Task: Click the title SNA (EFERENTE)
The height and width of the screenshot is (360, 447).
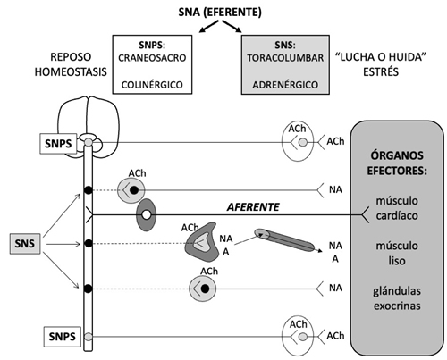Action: (x=220, y=13)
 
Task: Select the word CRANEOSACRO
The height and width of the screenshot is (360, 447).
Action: (x=152, y=58)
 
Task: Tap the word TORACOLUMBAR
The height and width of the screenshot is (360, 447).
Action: (x=285, y=58)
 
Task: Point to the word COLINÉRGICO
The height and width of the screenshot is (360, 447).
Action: (x=152, y=85)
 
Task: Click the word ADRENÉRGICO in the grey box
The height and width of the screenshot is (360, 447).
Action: (x=285, y=85)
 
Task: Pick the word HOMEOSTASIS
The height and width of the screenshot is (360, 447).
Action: (x=71, y=72)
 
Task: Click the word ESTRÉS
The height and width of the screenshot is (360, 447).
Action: (x=381, y=72)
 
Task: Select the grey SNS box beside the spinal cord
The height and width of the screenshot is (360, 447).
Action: (x=25, y=244)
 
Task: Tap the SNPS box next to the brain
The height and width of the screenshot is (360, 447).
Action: (x=58, y=144)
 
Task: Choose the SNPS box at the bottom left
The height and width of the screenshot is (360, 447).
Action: (x=63, y=337)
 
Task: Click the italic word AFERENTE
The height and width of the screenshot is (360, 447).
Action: (x=253, y=207)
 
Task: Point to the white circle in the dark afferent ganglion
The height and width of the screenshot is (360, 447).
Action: (x=146, y=214)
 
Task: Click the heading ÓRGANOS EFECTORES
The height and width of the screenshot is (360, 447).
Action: (x=397, y=163)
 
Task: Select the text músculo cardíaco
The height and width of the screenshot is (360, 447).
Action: (x=397, y=208)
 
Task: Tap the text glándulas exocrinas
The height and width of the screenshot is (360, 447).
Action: (x=397, y=298)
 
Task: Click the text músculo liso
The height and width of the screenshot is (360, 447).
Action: (x=397, y=253)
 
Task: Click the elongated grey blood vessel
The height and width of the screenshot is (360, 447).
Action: (x=284, y=240)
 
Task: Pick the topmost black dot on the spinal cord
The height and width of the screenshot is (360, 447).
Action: (x=89, y=190)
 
